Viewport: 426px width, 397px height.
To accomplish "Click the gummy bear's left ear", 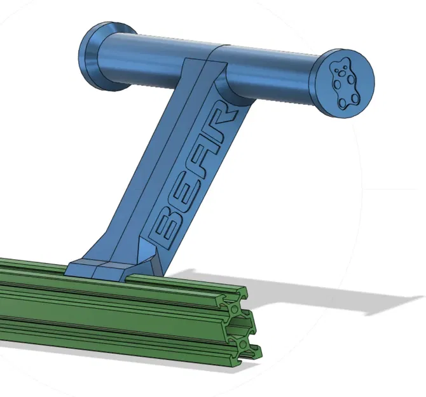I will tap(336, 64).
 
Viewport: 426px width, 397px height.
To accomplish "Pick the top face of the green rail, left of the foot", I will tap(32, 266).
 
